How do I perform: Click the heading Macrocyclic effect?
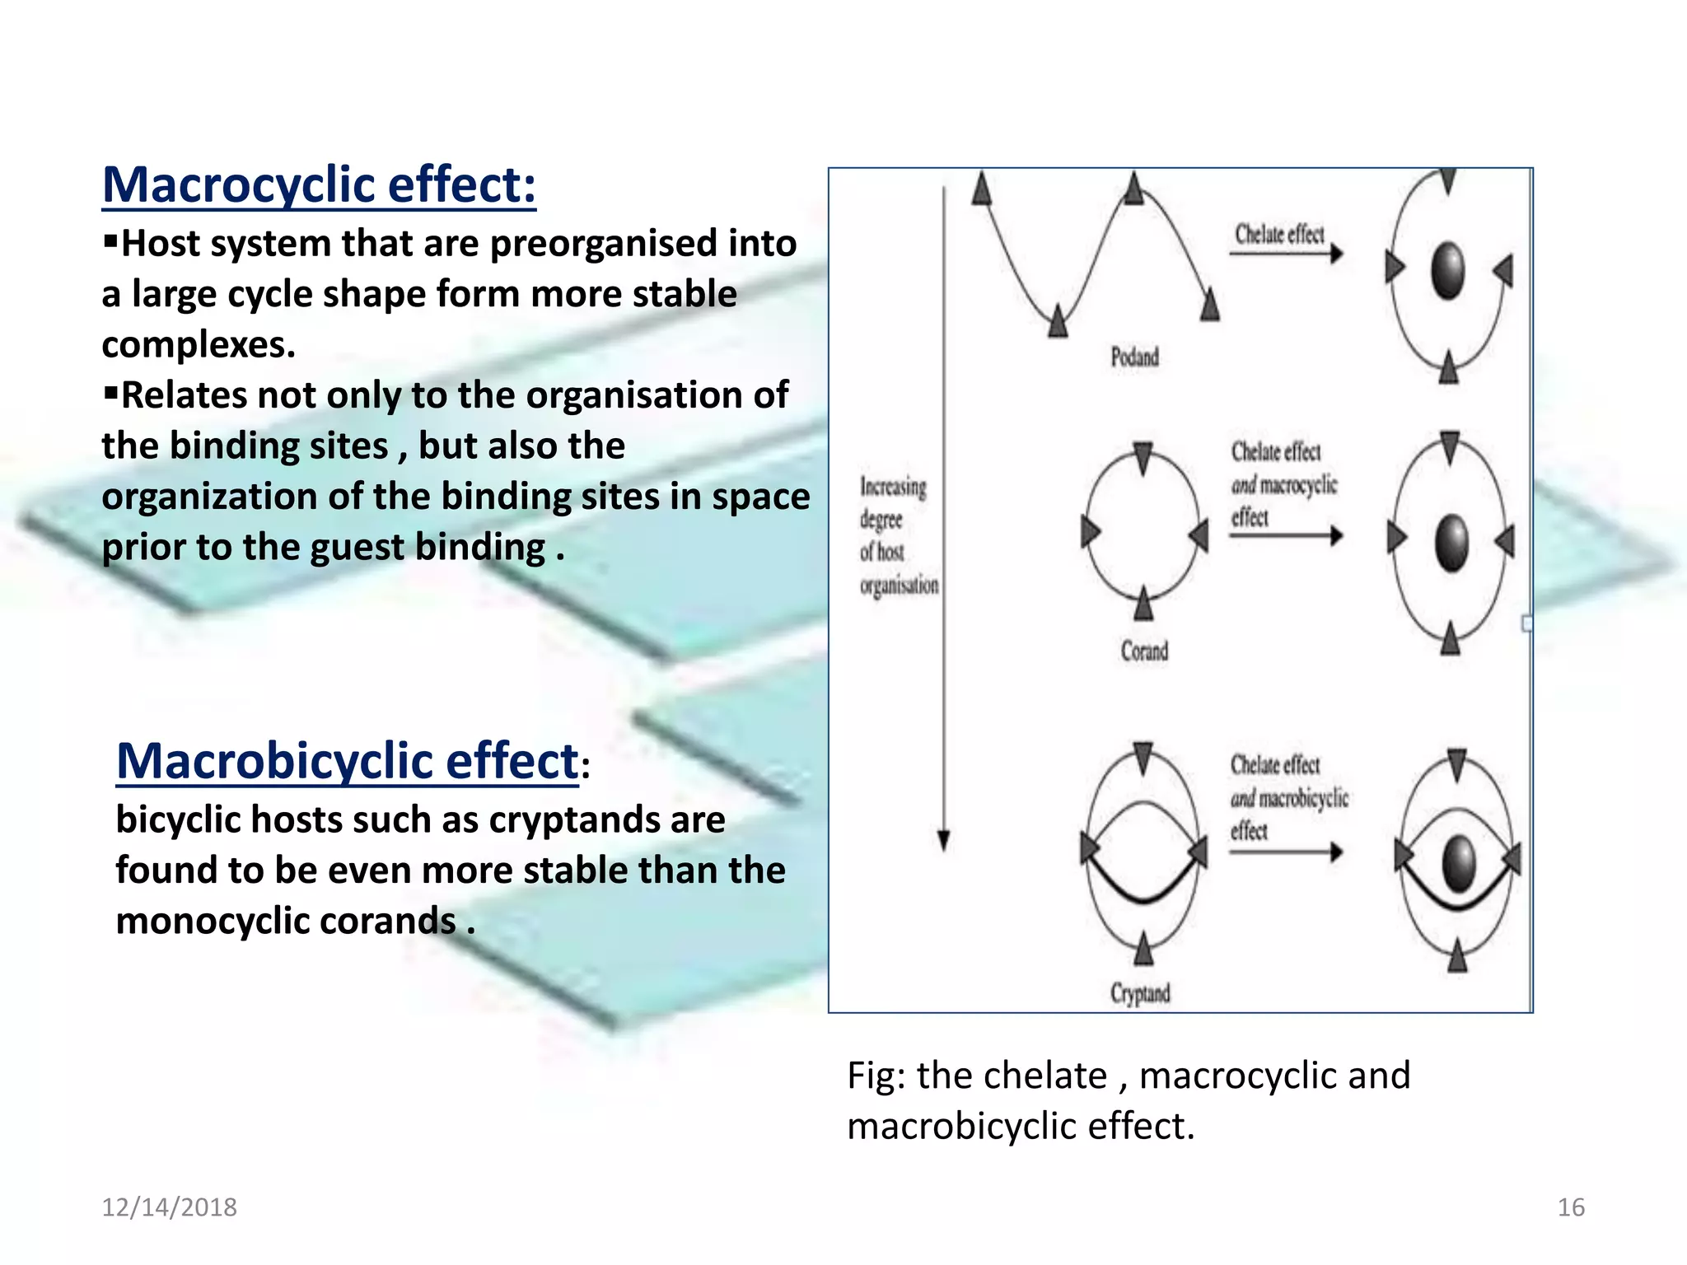pos(319,184)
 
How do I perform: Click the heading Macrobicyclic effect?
pos(347,760)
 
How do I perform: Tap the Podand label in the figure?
pos(1134,357)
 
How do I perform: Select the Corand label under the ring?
pos(1144,651)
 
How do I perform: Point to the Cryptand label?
pos(1140,993)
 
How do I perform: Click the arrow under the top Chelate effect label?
pos(1286,254)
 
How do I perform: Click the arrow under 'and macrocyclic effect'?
pos(1286,536)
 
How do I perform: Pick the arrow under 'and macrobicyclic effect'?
pos(1286,852)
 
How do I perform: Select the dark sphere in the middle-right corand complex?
pos(1451,543)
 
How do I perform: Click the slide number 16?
pos(1570,1207)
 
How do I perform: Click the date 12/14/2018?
pos(169,1207)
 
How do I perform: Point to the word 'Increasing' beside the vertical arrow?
pos(893,487)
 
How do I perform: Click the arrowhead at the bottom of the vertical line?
pos(944,841)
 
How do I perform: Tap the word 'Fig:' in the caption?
pos(876,1076)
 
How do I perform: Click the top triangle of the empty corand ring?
pos(1143,457)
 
